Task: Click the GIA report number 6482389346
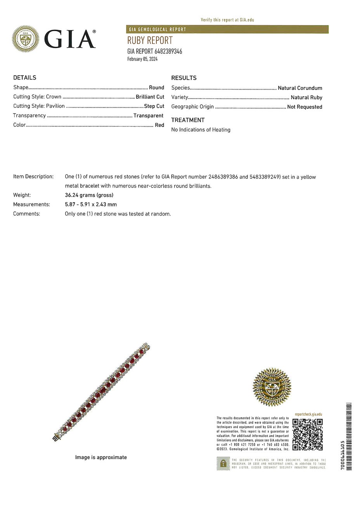[154, 51]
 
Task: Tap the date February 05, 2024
[142, 59]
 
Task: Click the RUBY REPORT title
[150, 40]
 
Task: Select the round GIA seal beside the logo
[26, 39]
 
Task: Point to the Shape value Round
[156, 88]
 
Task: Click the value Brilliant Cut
[150, 97]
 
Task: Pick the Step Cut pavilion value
[154, 106]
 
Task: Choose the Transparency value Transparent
[148, 116]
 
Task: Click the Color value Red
[159, 125]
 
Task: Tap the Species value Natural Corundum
[300, 88]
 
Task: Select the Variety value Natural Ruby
[306, 98]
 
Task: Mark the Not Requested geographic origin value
[305, 107]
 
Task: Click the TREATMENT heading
[188, 120]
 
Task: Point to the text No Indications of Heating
[201, 130]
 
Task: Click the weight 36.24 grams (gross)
[89, 195]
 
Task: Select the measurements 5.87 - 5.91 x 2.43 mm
[91, 204]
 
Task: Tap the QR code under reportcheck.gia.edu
[307, 434]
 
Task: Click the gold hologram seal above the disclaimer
[272, 387]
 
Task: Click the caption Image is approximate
[101, 457]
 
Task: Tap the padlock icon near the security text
[223, 463]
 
